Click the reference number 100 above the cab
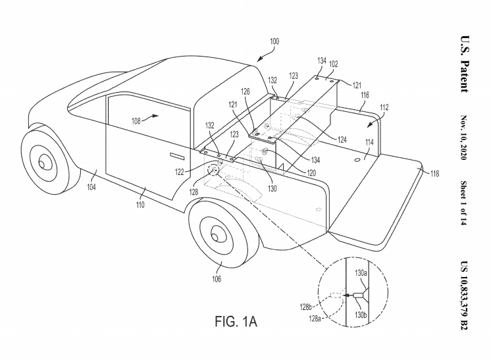(274, 41)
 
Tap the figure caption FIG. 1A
(236, 321)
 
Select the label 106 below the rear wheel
(217, 278)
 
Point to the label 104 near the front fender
(91, 187)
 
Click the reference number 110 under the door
(140, 205)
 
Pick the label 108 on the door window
(136, 120)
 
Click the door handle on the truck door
(176, 155)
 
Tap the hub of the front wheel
(43, 163)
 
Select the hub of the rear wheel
(216, 236)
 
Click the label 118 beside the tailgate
(434, 173)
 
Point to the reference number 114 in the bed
(369, 142)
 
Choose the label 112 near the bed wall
(384, 107)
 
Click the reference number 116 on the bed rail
(365, 95)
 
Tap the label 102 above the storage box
(334, 64)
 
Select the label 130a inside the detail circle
(361, 273)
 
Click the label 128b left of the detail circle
(305, 307)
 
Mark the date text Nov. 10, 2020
(464, 138)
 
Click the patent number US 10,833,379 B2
(464, 296)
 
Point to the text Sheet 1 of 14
(464, 203)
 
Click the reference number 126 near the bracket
(245, 91)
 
